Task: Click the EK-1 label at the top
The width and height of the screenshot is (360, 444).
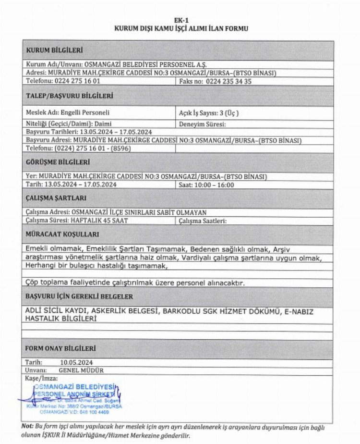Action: point(181,21)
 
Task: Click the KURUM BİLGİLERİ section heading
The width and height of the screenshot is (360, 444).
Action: point(54,50)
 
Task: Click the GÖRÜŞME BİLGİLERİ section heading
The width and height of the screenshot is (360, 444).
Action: point(58,162)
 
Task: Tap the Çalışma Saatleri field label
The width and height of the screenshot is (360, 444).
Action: point(203,221)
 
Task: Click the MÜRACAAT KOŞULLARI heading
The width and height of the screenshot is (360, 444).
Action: point(62,234)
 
